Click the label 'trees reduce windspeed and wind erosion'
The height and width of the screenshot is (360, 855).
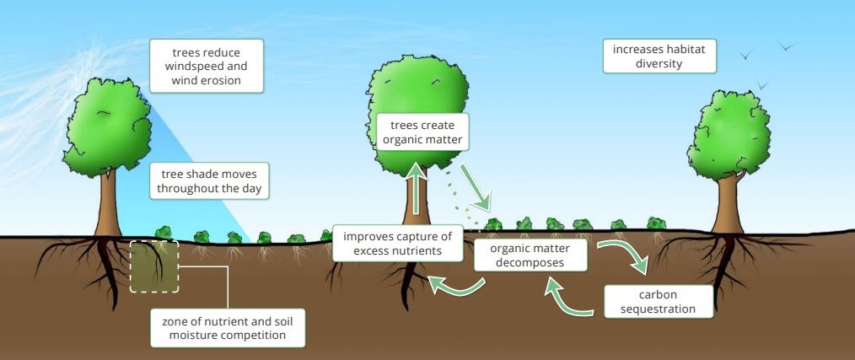206,66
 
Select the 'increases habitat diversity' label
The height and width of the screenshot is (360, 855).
659,56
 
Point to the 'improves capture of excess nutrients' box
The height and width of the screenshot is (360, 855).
398,243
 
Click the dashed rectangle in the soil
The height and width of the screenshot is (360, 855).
154,266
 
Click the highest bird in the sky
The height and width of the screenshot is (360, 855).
787,47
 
